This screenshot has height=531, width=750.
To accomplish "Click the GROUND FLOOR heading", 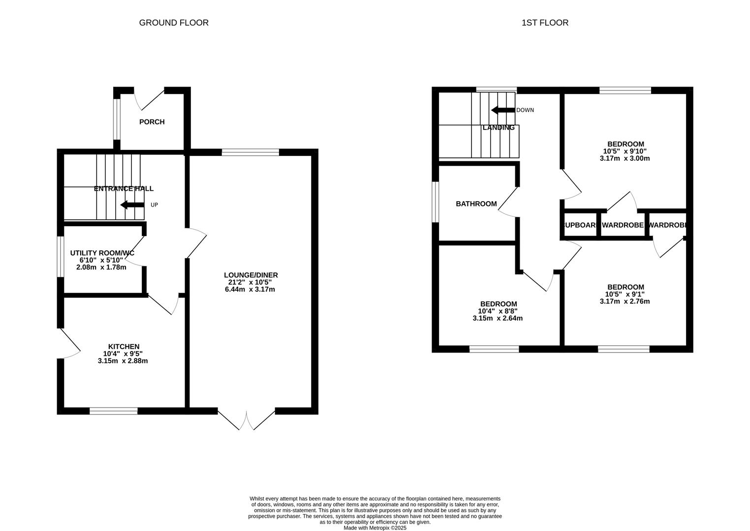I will pyautogui.click(x=174, y=23).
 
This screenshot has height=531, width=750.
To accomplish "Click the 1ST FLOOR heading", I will pyautogui.click(x=545, y=23).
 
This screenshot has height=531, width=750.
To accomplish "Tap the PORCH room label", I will pyautogui.click(x=152, y=122).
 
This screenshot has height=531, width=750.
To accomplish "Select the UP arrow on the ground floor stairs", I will pyautogui.click(x=132, y=205).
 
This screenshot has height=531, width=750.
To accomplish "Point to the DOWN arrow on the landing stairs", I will pyautogui.click(x=502, y=110).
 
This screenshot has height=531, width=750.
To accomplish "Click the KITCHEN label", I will pyautogui.click(x=124, y=347).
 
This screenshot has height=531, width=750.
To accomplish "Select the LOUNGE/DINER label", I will pyautogui.click(x=250, y=275).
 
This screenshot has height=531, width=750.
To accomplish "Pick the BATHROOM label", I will pyautogui.click(x=476, y=204).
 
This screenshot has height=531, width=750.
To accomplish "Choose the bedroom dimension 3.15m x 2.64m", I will pyautogui.click(x=498, y=319).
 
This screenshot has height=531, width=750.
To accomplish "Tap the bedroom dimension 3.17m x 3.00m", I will pyautogui.click(x=625, y=159).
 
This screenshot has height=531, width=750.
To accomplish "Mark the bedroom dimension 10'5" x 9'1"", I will pyautogui.click(x=625, y=295).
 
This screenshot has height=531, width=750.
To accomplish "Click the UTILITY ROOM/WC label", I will pyautogui.click(x=102, y=253).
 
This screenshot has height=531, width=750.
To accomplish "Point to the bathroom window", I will pyautogui.click(x=435, y=202).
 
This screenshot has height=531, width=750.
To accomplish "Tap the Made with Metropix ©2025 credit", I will pyautogui.click(x=375, y=528).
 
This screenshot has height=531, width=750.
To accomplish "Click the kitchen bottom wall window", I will pyautogui.click(x=114, y=411).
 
